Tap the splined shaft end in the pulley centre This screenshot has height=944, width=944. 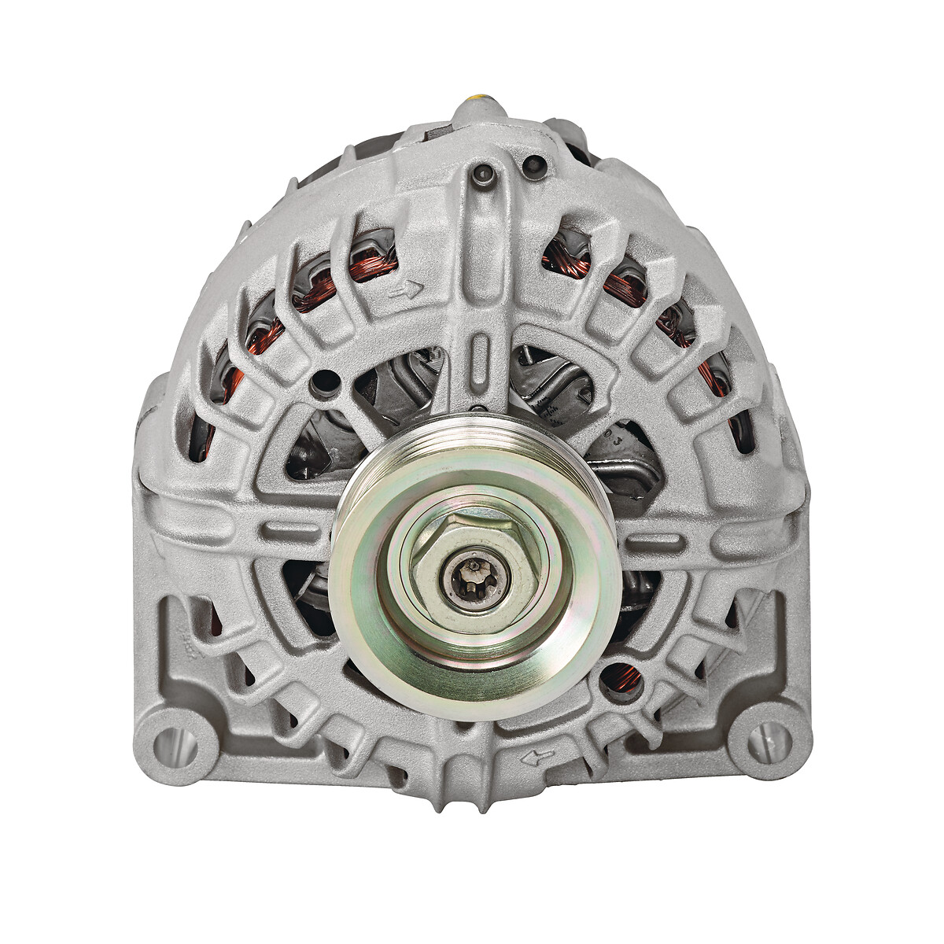pos(474,575)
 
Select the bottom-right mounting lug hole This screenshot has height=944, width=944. pos(767,741)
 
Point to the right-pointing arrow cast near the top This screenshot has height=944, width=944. pos(407,292)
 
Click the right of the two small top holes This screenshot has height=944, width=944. pos(534,165)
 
